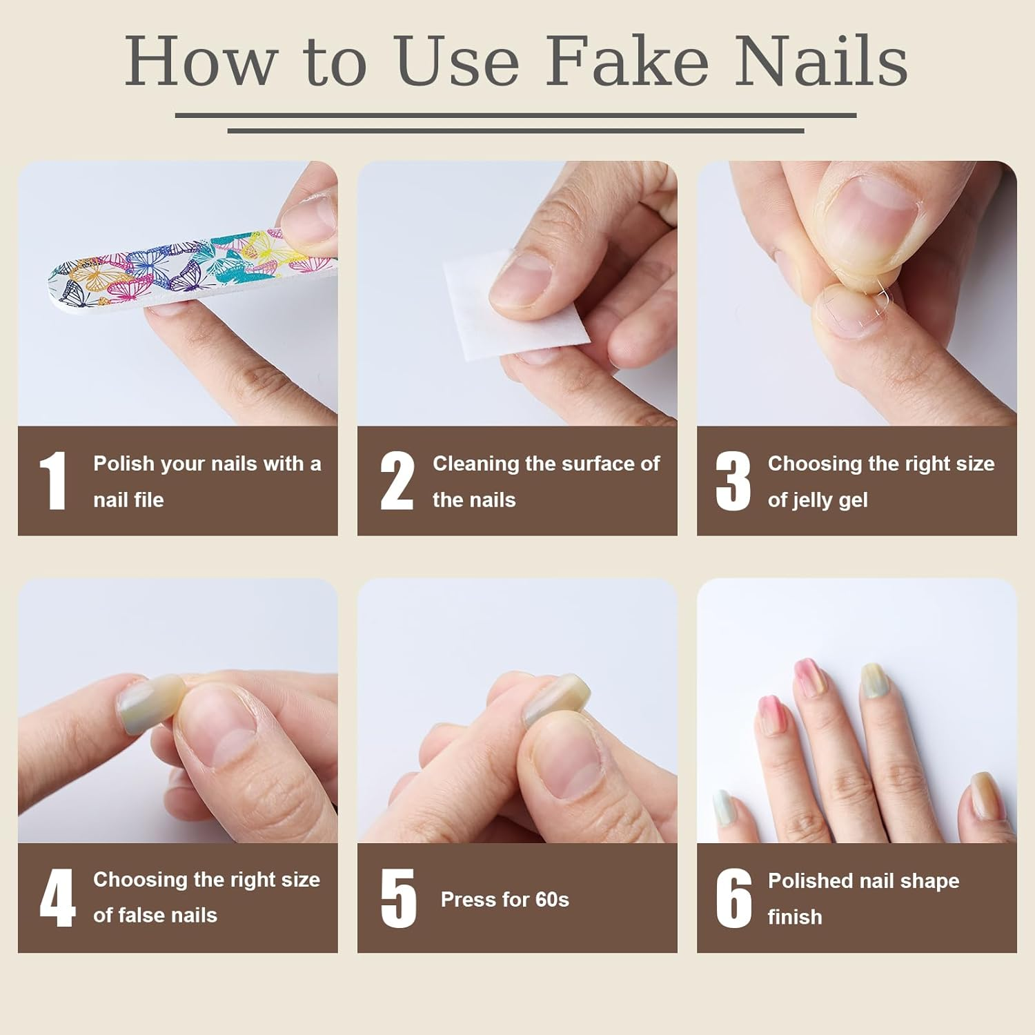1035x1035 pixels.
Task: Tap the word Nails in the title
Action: click(820, 62)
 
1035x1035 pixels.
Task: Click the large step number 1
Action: click(53, 481)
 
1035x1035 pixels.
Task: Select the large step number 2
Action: click(397, 481)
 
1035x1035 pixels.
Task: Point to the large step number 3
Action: click(733, 481)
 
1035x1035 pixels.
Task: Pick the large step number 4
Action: click(57, 898)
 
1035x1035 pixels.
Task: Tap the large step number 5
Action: click(398, 898)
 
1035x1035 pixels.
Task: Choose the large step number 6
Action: click(733, 898)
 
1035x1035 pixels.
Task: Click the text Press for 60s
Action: click(504, 899)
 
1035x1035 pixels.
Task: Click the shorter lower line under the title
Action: click(515, 130)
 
